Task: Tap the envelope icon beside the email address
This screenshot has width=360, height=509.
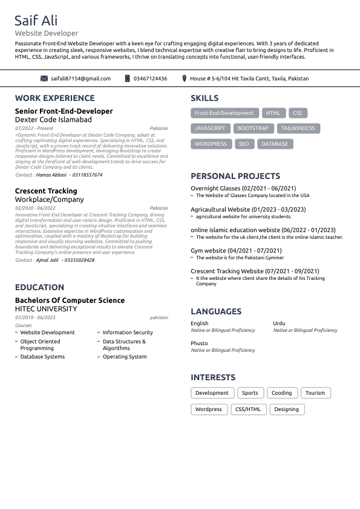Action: pos(44,79)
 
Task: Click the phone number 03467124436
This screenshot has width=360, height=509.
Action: pos(150,79)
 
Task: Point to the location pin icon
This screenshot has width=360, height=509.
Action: pos(184,79)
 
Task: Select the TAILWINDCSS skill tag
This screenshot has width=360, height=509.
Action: pos(298,128)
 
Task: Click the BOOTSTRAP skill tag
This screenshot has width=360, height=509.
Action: pos(253,128)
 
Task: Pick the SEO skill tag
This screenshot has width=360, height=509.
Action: pos(244,144)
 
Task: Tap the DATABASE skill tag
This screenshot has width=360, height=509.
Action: pos(275,144)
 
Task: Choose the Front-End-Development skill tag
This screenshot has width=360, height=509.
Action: pos(224,113)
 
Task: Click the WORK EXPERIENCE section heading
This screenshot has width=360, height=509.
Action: pos(55,98)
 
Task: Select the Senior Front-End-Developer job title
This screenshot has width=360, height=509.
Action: pos(64,111)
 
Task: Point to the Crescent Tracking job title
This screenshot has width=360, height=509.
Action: pos(46,191)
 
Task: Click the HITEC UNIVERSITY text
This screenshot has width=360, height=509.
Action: pos(46,309)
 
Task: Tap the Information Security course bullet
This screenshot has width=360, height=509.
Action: pos(128,332)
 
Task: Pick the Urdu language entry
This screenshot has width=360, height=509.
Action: pos(279,323)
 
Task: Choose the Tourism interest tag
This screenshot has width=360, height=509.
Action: pos(315,393)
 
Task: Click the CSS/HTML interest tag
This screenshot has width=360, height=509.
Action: pos(248,409)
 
